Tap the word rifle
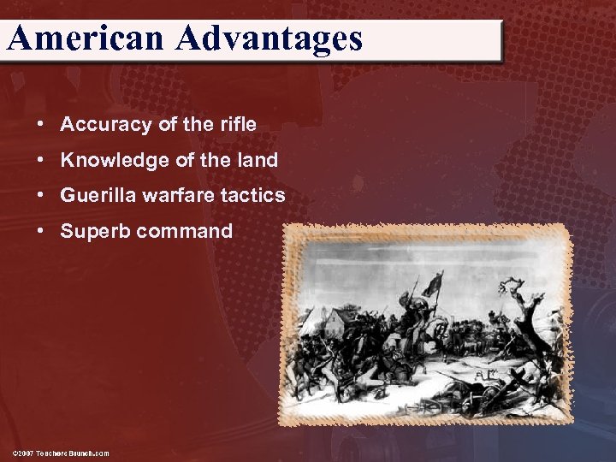(237, 124)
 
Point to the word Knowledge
(110, 160)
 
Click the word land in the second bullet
(258, 160)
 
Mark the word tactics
(251, 195)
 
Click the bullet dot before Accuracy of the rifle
(40, 124)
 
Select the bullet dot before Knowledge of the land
(40, 160)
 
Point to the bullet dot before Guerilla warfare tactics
(40, 195)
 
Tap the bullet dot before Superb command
(40, 231)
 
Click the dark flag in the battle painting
(435, 285)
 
